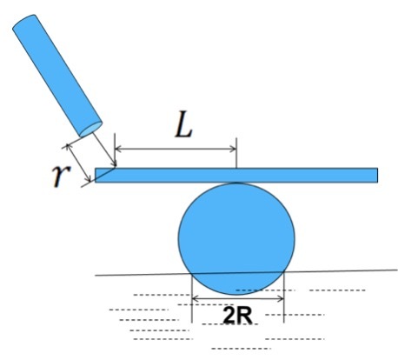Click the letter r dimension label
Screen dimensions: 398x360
[x=61, y=175]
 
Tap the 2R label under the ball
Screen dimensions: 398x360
[x=237, y=316]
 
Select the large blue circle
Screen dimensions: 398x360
[x=236, y=238]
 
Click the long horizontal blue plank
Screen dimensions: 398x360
[x=236, y=175]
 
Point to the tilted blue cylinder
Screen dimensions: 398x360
[x=57, y=76]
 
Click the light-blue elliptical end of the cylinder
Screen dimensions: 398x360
[x=90, y=130]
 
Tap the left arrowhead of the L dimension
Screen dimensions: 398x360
[x=118, y=149]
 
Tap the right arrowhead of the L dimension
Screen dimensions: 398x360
[x=233, y=149]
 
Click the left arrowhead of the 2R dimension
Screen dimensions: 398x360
[x=196, y=298]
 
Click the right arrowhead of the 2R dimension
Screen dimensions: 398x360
[x=281, y=298]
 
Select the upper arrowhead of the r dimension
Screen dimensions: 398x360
[x=69, y=147]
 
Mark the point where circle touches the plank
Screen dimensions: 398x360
[x=236, y=183]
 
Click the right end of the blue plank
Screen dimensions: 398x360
[x=378, y=175]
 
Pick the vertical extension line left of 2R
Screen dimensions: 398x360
[x=192, y=297]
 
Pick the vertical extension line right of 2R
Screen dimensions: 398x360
[x=284, y=297]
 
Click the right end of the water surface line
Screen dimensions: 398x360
[x=397, y=270]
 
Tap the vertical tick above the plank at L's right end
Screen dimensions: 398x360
[x=236, y=153]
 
